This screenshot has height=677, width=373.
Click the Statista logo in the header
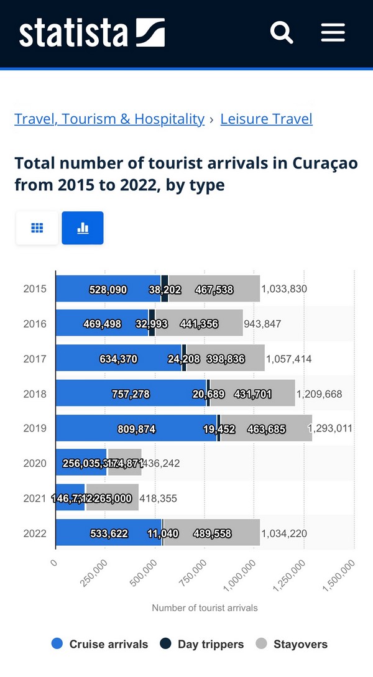coord(92,33)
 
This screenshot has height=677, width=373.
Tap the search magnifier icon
coord(282,32)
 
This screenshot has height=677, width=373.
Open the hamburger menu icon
coord(333,32)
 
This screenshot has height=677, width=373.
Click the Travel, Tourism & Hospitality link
coord(109,119)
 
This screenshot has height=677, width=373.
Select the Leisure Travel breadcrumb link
coord(266,119)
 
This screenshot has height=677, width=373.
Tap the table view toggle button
coord(37,228)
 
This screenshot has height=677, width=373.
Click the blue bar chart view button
coord(83,228)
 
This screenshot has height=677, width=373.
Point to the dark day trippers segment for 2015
coord(165,289)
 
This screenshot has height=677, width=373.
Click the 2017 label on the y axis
coord(34,359)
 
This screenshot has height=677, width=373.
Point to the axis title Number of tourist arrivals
coord(205,608)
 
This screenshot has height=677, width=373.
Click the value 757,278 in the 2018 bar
coord(131,394)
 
